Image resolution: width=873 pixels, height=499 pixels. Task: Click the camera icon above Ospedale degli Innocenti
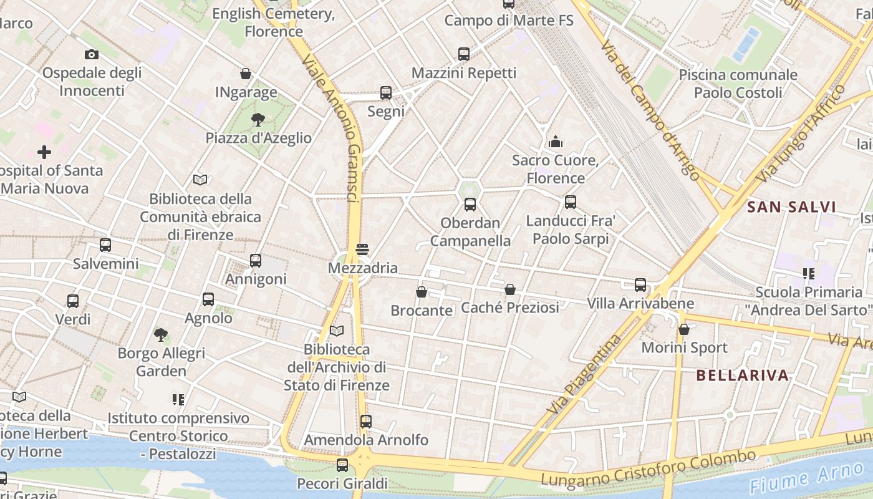(92, 55)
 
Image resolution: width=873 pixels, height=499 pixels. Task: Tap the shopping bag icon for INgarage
(246, 74)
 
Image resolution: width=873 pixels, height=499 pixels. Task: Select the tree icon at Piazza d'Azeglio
(258, 119)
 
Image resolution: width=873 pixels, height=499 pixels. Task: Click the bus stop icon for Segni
(386, 93)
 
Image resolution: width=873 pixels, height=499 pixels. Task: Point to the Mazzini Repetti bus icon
(464, 54)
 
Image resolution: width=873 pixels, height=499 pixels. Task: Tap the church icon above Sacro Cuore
(556, 142)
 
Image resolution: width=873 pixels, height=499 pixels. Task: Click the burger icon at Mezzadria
(362, 249)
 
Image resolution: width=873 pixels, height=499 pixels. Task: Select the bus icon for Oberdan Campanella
(470, 204)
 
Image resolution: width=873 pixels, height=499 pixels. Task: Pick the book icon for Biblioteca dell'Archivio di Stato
(337, 331)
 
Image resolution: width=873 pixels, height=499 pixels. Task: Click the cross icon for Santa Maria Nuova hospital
(44, 152)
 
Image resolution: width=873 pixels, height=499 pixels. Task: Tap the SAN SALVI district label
(791, 207)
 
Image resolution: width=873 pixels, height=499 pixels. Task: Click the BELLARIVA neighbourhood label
(742, 375)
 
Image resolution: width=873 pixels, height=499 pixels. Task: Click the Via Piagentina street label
(585, 374)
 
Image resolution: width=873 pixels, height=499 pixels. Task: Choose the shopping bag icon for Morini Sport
(684, 329)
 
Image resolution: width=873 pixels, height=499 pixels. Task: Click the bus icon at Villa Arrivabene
(640, 285)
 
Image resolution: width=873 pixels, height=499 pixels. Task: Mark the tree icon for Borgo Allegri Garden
(161, 335)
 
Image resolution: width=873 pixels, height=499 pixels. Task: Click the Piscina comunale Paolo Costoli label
(738, 84)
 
